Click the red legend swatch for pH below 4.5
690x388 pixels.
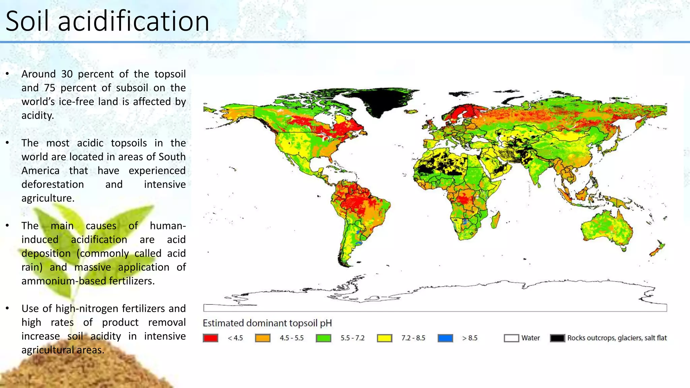point(211,338)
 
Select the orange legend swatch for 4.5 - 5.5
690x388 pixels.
point(263,338)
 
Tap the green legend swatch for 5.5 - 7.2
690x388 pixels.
point(323,338)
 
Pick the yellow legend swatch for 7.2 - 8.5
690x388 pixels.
point(384,338)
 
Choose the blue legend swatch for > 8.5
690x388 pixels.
point(445,338)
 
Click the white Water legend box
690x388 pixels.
point(511,338)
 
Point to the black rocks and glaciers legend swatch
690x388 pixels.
point(557,338)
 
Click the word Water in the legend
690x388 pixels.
point(531,338)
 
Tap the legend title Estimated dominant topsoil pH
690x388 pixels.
point(267,323)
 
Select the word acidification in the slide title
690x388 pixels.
point(134,21)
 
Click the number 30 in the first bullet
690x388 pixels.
point(67,74)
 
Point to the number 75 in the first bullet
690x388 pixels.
point(50,88)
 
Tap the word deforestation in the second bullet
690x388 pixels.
point(53,185)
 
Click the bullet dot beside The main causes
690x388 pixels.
point(7,225)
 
